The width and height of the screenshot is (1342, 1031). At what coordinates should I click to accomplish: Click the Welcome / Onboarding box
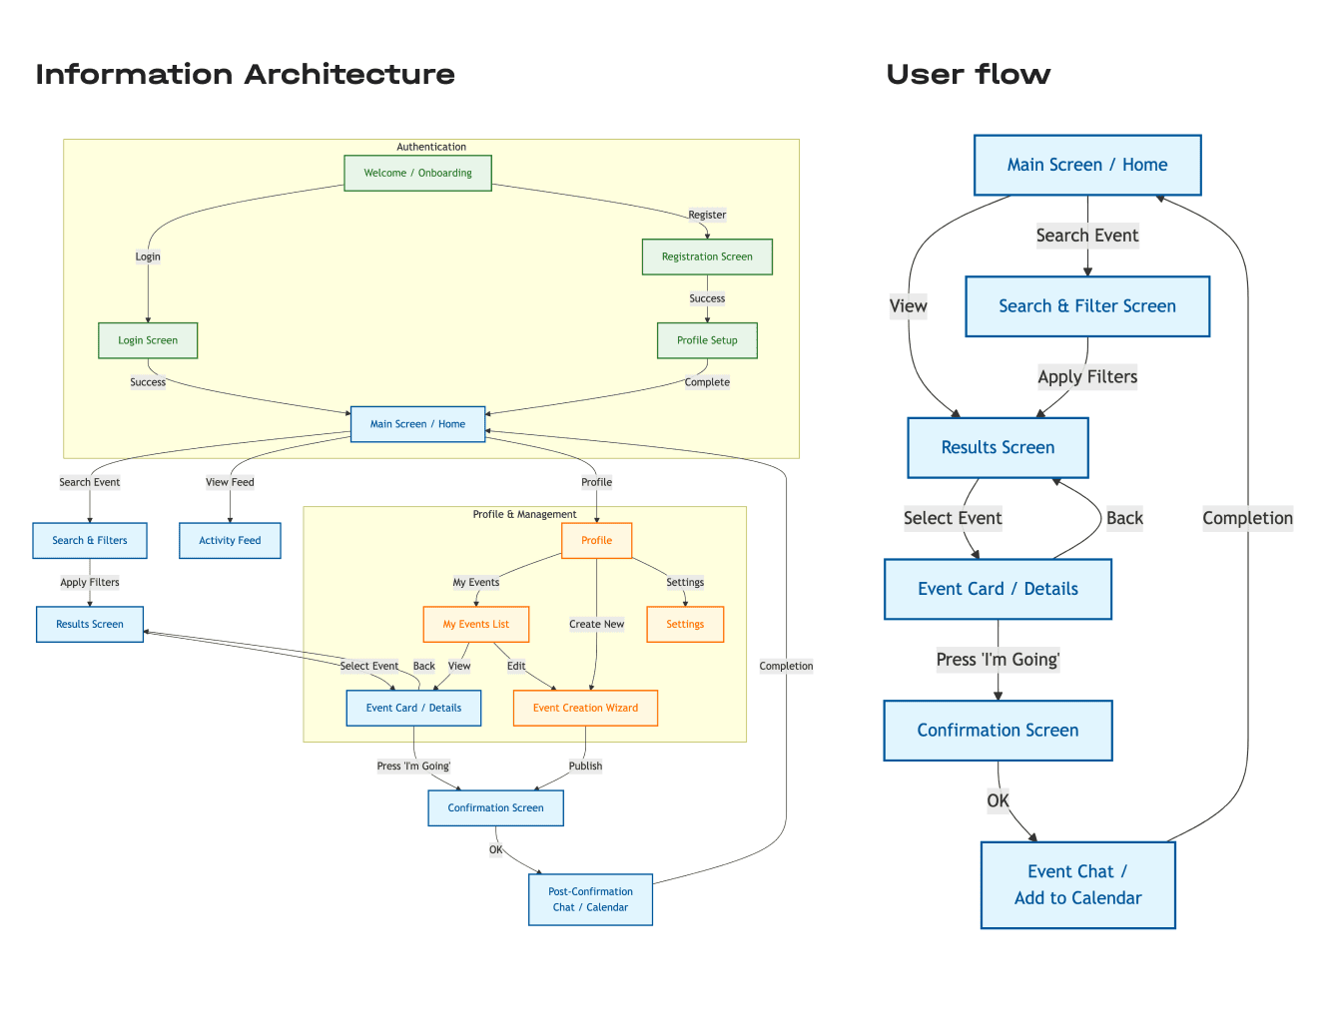click(x=417, y=173)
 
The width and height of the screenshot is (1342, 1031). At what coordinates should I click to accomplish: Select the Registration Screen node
click(x=707, y=257)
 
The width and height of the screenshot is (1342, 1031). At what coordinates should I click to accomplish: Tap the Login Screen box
click(x=148, y=340)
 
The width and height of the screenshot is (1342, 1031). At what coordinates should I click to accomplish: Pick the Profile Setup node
click(x=707, y=340)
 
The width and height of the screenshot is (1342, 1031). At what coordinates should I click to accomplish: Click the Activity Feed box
click(x=230, y=541)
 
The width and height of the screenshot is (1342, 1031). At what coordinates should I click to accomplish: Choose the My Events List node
click(x=475, y=625)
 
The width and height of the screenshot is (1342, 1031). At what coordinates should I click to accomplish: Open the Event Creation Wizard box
click(x=585, y=709)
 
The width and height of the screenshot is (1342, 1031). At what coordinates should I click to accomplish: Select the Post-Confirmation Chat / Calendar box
click(x=590, y=899)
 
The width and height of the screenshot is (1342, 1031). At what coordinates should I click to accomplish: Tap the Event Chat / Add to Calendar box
click(x=1077, y=885)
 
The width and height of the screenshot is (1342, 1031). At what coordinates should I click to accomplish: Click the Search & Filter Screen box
click(x=1087, y=306)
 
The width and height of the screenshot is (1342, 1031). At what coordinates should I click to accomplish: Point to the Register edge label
click(x=707, y=215)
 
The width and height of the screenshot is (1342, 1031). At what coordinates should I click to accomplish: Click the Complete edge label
click(x=707, y=382)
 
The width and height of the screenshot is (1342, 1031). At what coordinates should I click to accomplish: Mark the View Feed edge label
click(x=230, y=482)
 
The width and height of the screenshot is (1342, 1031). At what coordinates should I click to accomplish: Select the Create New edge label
click(x=596, y=625)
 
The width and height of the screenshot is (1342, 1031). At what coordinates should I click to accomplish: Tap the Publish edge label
click(x=585, y=767)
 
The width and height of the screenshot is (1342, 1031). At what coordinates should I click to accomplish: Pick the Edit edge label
click(x=516, y=667)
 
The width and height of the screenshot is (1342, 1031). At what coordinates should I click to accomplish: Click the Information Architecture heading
click(x=245, y=75)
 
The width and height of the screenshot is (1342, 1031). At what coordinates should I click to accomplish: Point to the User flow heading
click(x=968, y=75)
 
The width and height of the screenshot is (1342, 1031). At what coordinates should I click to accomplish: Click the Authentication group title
click(x=431, y=147)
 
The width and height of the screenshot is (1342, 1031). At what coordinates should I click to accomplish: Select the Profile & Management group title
click(x=524, y=515)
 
